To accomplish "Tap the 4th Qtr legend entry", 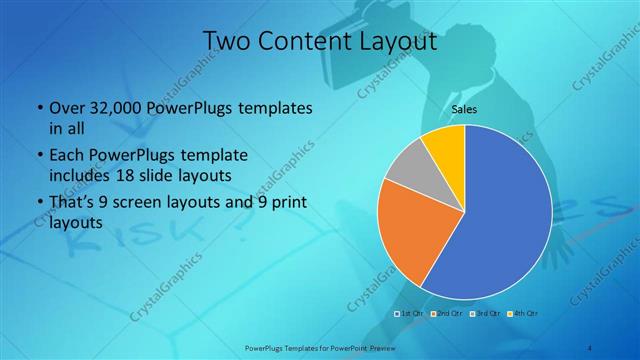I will point(522,314).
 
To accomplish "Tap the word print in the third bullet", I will point(285,206).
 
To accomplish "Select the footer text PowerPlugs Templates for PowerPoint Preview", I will point(319,349).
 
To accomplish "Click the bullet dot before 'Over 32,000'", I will point(38,108).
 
